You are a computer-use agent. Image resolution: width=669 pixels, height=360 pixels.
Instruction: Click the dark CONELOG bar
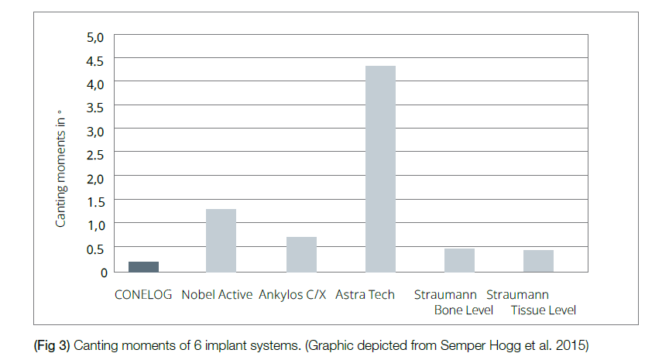(x=143, y=267)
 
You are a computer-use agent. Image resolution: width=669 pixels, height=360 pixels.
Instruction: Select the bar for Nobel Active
(x=221, y=241)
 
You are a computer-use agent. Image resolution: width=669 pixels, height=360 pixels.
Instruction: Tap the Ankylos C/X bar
(x=301, y=255)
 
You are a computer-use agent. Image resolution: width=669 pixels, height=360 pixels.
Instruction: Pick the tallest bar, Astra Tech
(x=380, y=169)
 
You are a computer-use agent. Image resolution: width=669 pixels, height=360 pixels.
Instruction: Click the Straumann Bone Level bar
(x=459, y=260)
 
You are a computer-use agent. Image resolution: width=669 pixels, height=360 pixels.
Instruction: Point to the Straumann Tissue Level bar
(x=538, y=261)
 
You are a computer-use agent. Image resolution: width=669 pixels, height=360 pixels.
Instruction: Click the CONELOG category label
(x=143, y=295)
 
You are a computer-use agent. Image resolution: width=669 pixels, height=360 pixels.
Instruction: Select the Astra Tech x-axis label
(x=365, y=295)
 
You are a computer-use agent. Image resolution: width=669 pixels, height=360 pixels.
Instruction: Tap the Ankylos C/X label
(x=293, y=295)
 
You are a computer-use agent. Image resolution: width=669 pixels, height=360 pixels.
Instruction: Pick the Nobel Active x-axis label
(x=217, y=295)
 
